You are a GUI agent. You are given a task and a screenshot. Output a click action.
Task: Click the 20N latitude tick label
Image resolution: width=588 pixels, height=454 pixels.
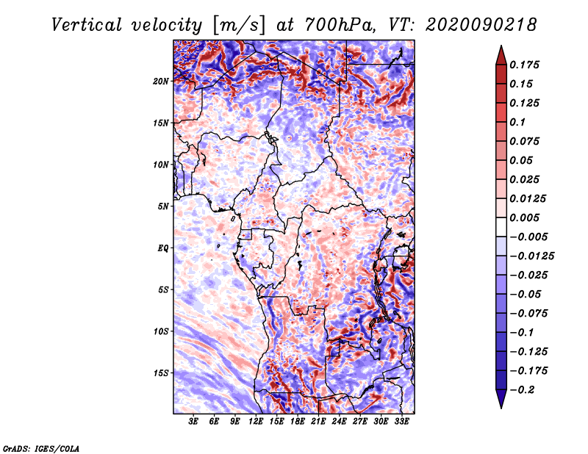(161, 81)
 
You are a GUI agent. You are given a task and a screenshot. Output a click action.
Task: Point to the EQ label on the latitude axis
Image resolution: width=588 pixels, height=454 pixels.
(163, 248)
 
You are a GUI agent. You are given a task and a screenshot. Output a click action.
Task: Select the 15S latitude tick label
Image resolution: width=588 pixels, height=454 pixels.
(161, 372)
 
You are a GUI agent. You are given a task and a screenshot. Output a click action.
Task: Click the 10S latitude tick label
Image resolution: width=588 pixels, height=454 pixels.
(161, 331)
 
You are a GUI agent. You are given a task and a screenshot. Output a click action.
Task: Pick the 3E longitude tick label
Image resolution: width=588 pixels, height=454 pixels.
(194, 422)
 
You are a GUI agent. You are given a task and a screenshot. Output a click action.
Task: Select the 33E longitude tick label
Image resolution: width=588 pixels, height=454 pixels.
(402, 422)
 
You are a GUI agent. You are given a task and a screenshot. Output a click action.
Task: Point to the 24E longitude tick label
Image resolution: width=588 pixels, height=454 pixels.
(340, 422)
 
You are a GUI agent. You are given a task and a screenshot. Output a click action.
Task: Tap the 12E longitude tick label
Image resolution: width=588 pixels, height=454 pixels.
(257, 422)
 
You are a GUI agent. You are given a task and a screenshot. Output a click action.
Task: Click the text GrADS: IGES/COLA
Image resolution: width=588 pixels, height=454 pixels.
(41, 447)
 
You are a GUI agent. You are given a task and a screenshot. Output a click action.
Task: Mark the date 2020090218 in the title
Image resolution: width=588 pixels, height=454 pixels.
(471, 24)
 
